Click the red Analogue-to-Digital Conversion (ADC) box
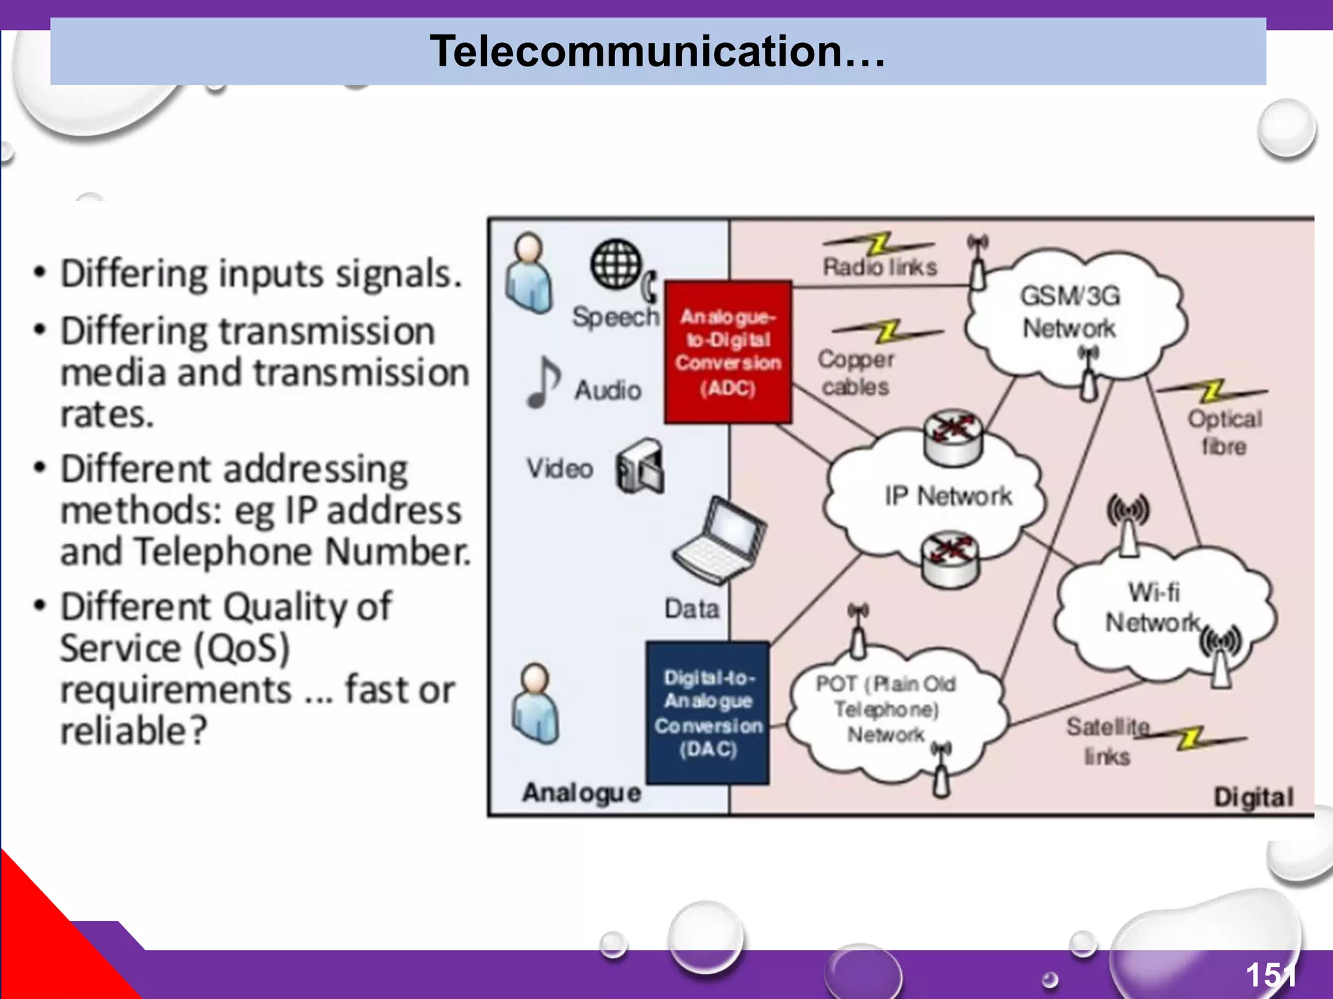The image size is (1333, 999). [x=728, y=352]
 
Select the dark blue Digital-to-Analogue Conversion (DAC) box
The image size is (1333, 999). [x=708, y=713]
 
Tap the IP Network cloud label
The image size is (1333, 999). [x=948, y=496]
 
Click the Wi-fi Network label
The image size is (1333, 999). [x=1153, y=607]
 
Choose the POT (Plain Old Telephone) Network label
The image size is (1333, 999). [x=886, y=709]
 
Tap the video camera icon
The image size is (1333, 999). [x=640, y=467]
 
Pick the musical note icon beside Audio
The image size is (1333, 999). [x=543, y=382]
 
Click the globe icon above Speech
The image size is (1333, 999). [x=616, y=264]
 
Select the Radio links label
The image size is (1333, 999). [x=879, y=267]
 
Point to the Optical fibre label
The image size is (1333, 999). [x=1224, y=433]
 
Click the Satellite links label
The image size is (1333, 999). [x=1107, y=741]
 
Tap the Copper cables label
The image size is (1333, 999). [x=855, y=373]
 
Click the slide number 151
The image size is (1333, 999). [x=1270, y=975]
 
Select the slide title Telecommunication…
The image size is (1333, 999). [x=657, y=51]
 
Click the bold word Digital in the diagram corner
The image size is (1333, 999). [x=1253, y=797]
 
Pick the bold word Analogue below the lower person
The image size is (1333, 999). [x=581, y=793]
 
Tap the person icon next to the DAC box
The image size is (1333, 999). [x=535, y=704]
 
